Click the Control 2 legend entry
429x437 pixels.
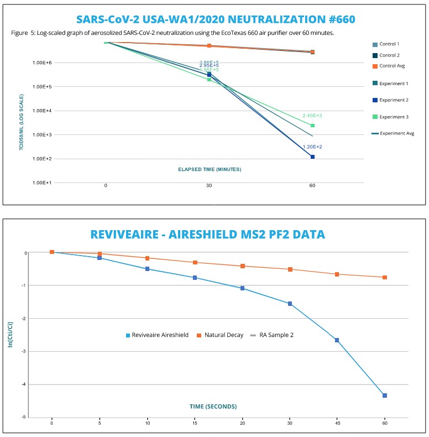tap(390, 55)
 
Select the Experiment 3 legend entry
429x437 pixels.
tap(393, 116)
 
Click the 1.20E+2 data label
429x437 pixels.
tap(312, 147)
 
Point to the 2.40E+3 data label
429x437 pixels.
tap(312, 116)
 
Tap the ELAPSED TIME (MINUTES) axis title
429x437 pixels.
tap(209, 169)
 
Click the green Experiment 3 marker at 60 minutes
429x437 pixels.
tap(312, 126)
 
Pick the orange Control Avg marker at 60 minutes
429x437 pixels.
tap(312, 52)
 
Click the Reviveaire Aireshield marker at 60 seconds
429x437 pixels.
tap(384, 396)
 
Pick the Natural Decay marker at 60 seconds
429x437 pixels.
tap(384, 277)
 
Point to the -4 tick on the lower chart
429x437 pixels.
tap(25, 384)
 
